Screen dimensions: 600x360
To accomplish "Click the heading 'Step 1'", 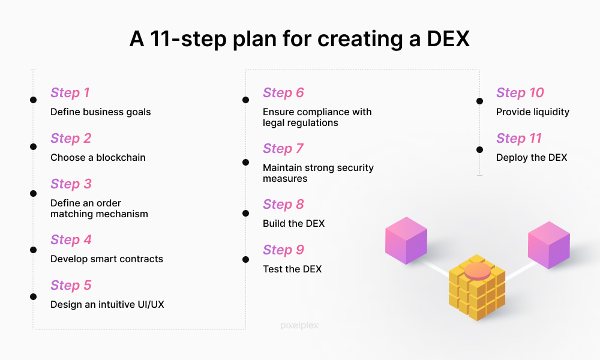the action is point(70,93).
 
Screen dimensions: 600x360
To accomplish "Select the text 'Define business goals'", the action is point(101,112).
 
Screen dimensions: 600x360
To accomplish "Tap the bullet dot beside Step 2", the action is point(33,146).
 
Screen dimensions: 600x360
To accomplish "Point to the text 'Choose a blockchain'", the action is point(98,157).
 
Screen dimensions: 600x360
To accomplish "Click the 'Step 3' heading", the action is point(71,184).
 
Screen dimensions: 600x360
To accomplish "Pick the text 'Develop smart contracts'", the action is point(107,259).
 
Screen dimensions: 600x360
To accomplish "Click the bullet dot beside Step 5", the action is point(33,296).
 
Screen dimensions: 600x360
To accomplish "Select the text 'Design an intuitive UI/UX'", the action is point(107,305).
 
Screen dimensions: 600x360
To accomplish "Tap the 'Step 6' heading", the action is point(283,93).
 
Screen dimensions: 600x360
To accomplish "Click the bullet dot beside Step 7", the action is point(245,162).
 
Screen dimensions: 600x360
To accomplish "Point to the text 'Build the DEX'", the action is point(293,223).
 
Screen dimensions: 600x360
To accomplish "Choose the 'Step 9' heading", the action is point(283,250).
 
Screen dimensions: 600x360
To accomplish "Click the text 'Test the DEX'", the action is point(292,269).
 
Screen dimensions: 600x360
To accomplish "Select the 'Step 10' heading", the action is point(520,93).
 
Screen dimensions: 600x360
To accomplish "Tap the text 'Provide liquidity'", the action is point(533,112).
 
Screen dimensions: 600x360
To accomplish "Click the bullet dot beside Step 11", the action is point(479,149).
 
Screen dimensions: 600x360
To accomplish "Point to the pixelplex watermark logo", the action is point(299,326).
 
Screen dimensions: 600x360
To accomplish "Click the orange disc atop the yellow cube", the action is point(477,271).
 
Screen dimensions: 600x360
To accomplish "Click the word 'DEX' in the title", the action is point(448,39).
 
